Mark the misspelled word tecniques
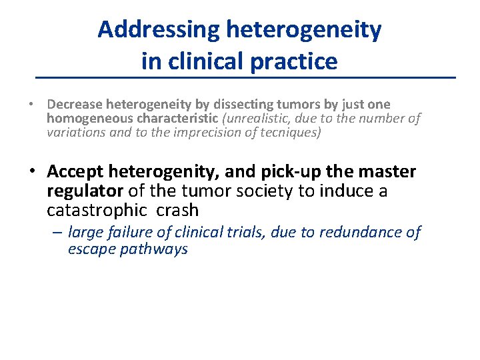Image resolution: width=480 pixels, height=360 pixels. (x=284, y=133)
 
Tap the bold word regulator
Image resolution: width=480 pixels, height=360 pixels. (x=85, y=191)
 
